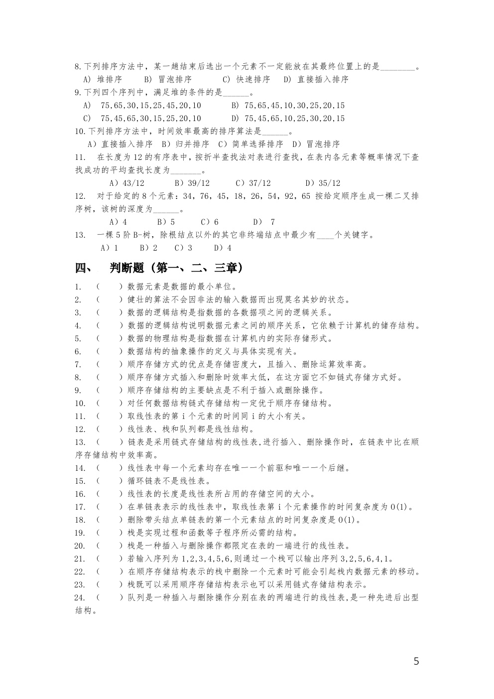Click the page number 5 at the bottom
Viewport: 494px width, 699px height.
click(x=416, y=662)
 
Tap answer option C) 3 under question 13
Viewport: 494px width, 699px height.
click(x=183, y=248)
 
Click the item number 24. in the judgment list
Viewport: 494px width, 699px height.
click(x=80, y=597)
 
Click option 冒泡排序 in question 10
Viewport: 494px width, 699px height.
click(x=323, y=144)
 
